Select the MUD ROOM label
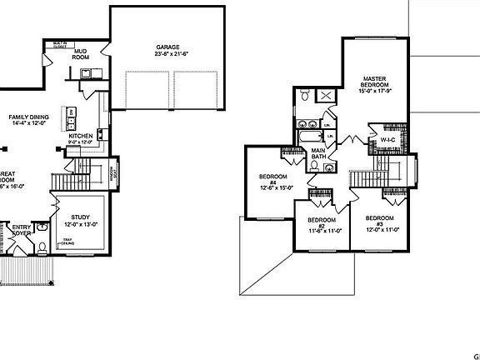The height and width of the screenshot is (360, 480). point(81,54)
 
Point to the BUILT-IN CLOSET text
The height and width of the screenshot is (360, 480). point(59,43)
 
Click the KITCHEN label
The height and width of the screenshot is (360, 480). point(80,135)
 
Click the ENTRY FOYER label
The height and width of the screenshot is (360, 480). point(19,229)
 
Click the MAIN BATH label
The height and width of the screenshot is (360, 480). point(319,152)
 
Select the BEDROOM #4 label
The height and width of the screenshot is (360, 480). point(273,181)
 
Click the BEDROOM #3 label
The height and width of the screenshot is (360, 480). point(382,222)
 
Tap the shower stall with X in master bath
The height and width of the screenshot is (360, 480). point(326,97)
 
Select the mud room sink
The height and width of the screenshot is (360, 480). point(86,74)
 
